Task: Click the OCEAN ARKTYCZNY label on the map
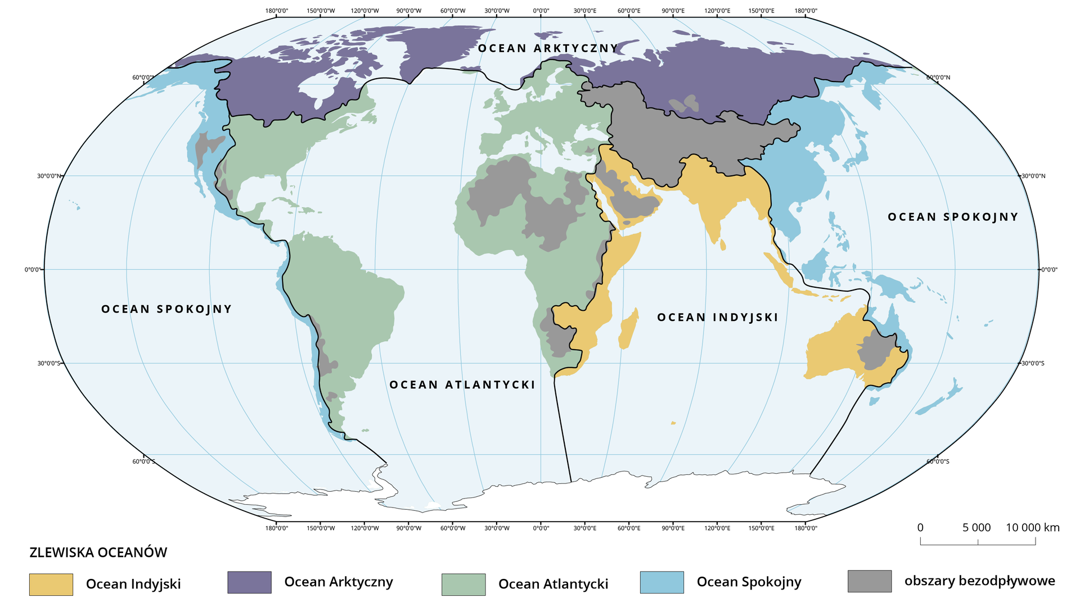point(548,48)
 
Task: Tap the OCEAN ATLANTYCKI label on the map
point(462,385)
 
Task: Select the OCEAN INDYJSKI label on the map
point(718,318)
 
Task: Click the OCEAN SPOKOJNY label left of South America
point(166,309)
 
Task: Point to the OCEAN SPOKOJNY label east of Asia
point(953,217)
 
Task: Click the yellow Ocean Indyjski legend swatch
point(51,585)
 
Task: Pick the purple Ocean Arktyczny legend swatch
point(249,582)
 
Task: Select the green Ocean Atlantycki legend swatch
point(463,585)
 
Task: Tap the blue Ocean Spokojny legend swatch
point(662,582)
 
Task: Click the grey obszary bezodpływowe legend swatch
point(870,581)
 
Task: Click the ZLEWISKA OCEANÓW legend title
point(98,552)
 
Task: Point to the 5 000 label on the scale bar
point(976,528)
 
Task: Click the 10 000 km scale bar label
point(1033,528)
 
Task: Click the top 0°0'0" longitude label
point(541,11)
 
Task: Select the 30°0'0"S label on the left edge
point(49,364)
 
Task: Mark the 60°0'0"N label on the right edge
point(938,78)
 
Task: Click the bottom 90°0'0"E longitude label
point(673,528)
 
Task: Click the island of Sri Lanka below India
point(723,244)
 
